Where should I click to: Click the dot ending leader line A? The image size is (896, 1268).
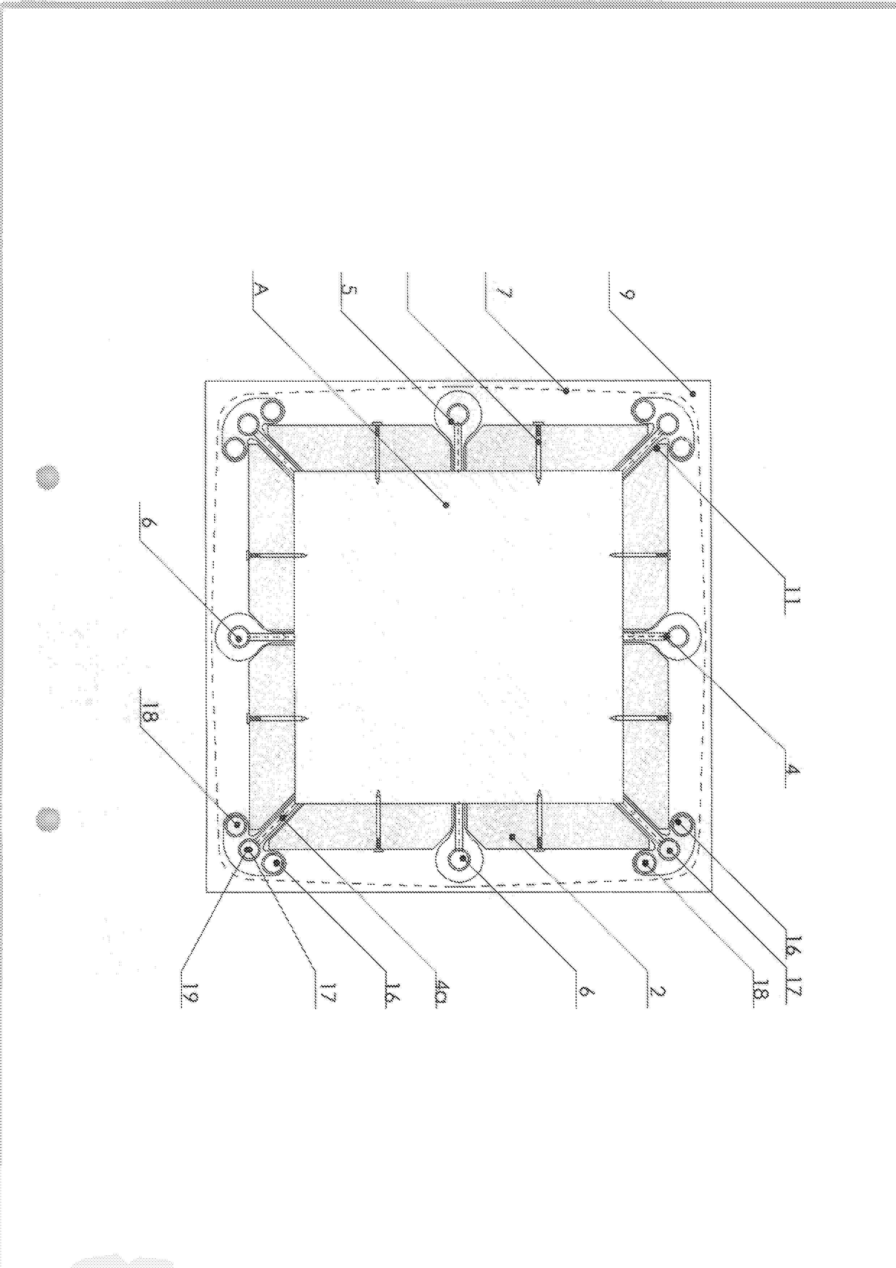[x=447, y=504]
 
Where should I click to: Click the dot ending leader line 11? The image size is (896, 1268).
[x=657, y=449]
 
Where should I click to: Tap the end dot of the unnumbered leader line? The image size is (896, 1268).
[x=538, y=441]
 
